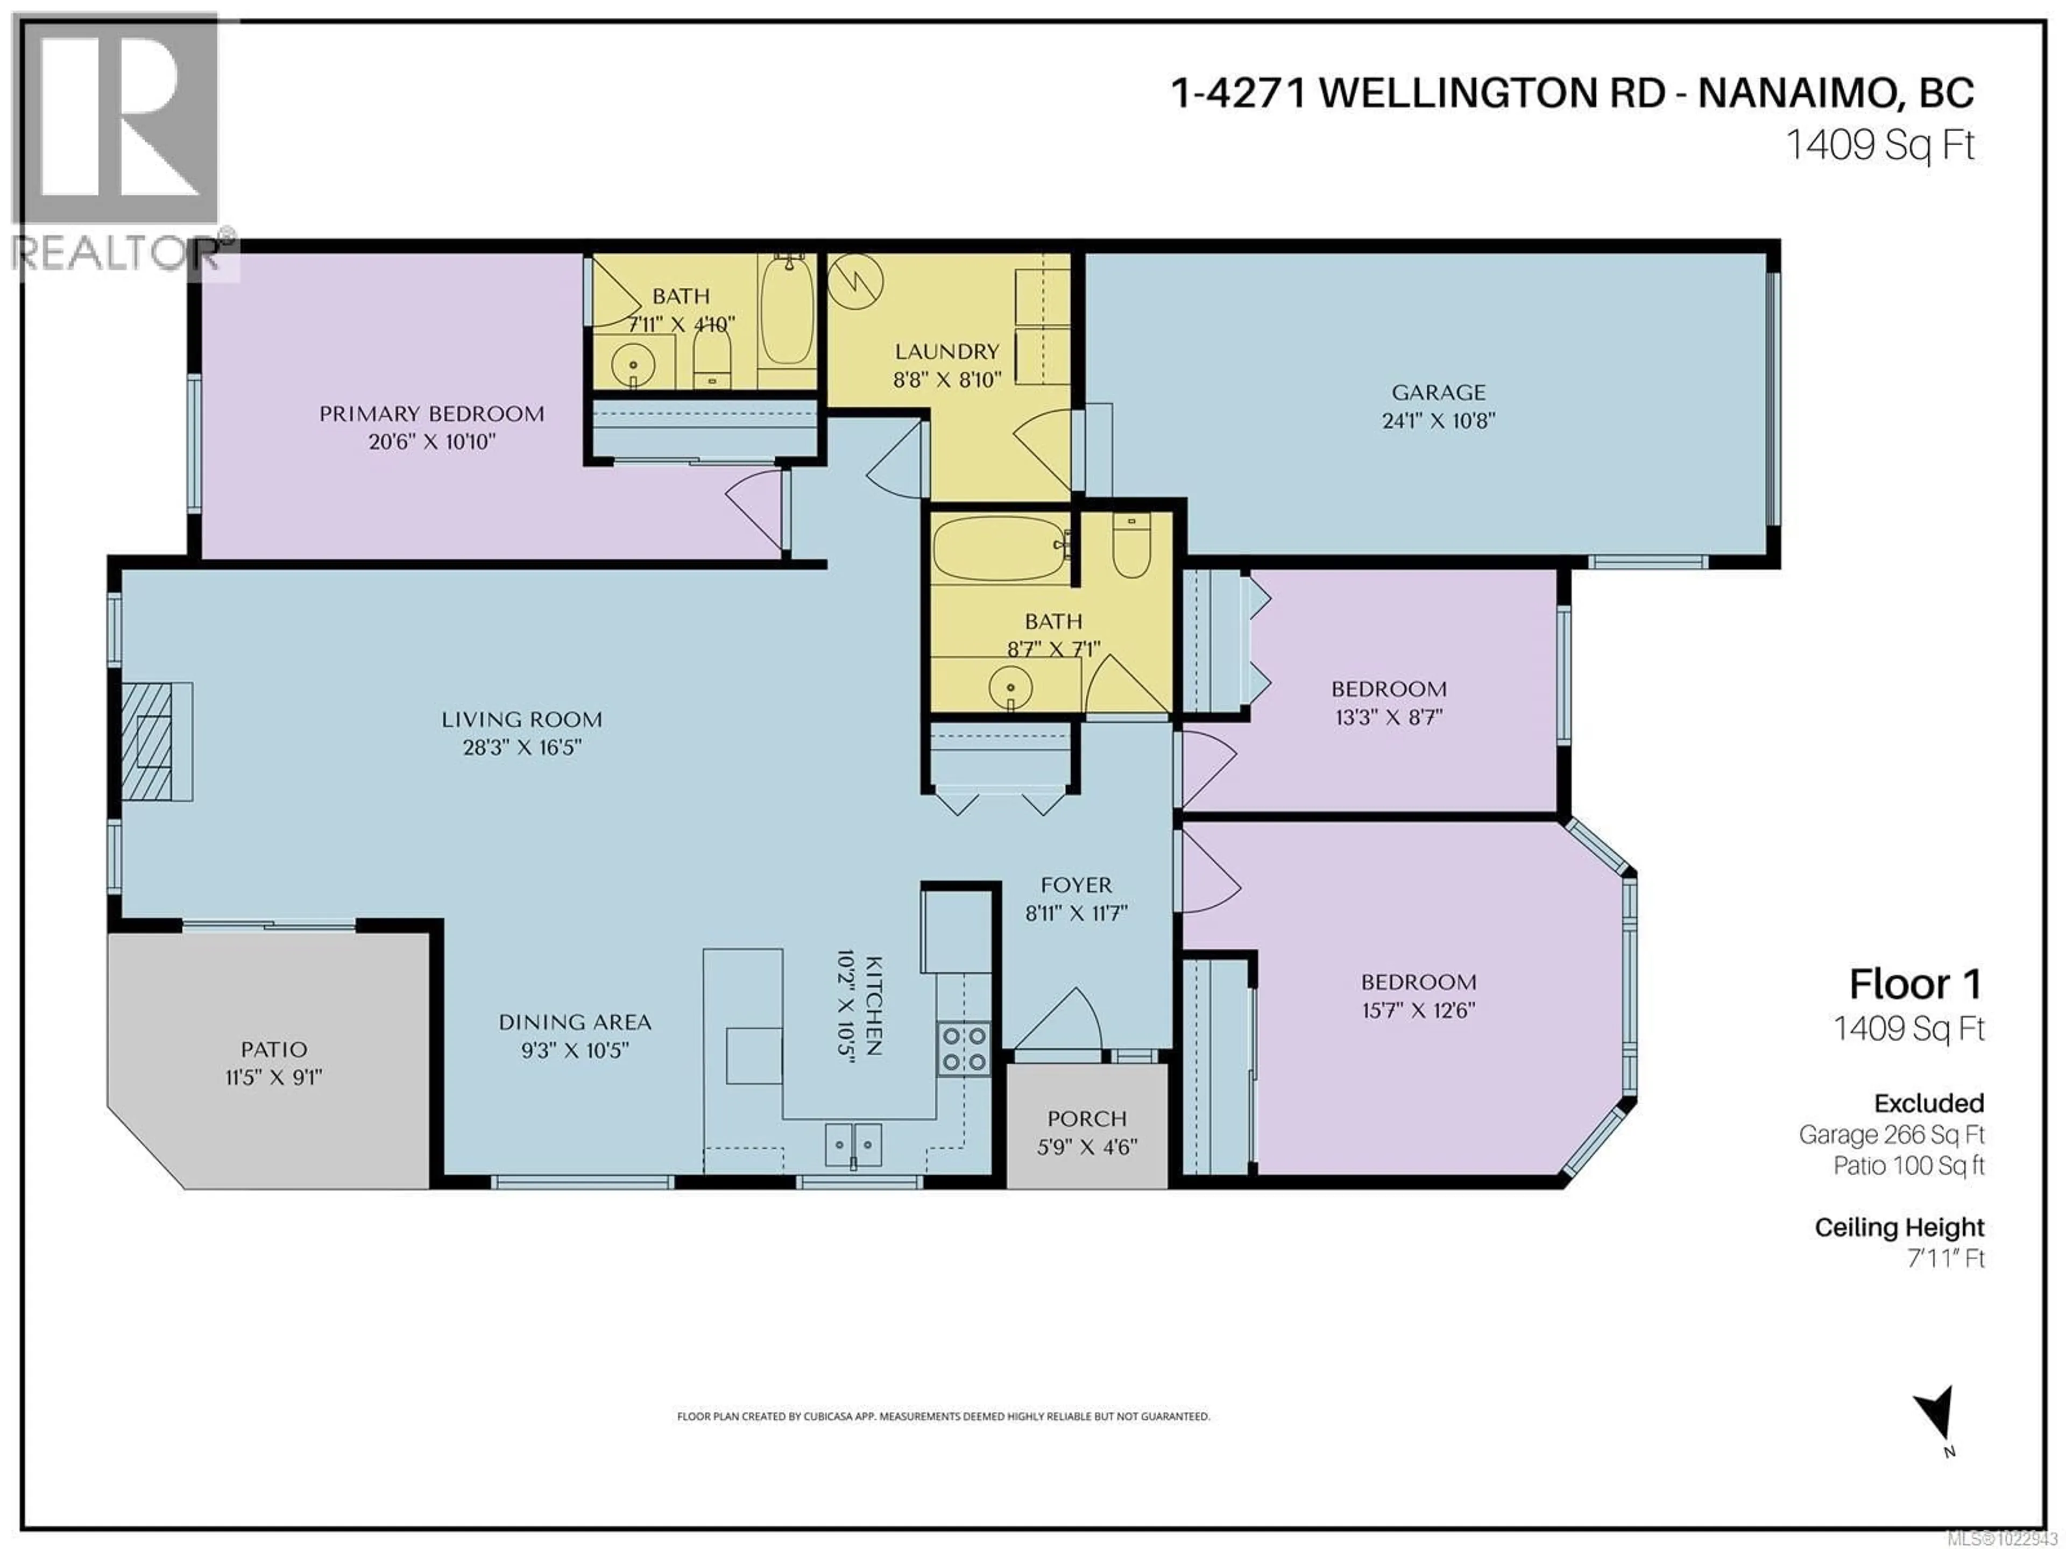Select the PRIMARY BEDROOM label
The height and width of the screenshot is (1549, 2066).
click(x=431, y=414)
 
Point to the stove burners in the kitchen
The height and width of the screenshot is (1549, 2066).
click(x=964, y=1049)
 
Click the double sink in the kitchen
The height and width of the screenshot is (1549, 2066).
click(x=853, y=1144)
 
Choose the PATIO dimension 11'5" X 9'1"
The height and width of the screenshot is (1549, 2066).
click(x=274, y=1077)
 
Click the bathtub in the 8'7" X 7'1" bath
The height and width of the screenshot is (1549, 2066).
click(x=1000, y=549)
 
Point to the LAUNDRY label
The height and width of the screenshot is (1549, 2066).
click(x=947, y=352)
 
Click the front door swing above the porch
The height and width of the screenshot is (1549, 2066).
click(x=1060, y=1022)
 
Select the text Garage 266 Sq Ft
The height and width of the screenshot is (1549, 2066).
click(x=1891, y=1134)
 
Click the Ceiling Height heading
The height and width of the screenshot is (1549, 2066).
click(x=1899, y=1227)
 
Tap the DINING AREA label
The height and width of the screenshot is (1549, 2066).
click(x=575, y=1022)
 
